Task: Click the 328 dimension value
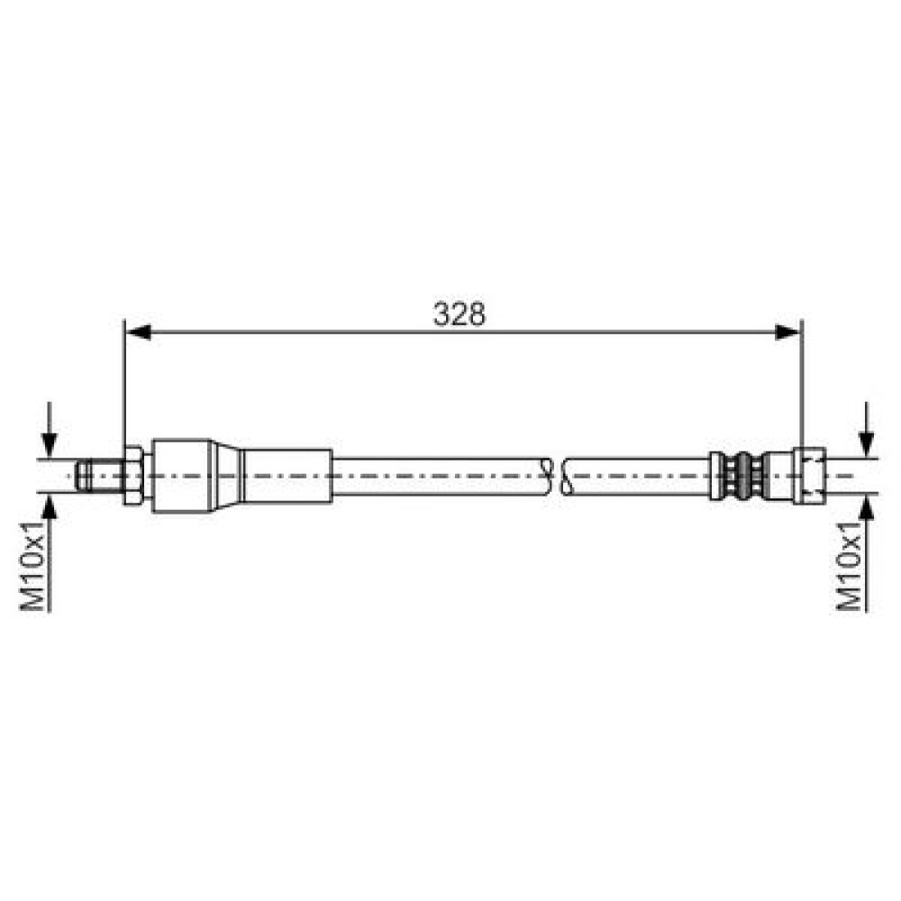point(460,314)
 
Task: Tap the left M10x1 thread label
point(32,566)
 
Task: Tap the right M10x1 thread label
point(850,566)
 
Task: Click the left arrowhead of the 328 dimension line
point(138,332)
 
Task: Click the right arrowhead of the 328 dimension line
point(787,332)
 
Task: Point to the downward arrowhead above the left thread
point(50,445)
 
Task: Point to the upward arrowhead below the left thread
point(50,506)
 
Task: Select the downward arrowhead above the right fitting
point(867,445)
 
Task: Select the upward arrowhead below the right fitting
point(867,506)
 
